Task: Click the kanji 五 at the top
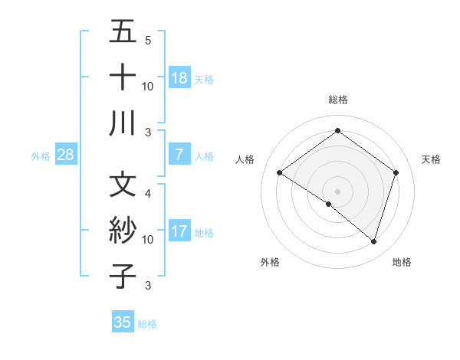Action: [x=123, y=32]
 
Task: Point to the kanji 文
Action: [x=123, y=185]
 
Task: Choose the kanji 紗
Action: [x=123, y=231]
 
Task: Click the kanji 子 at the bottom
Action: [x=123, y=277]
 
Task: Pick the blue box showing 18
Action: [x=179, y=77]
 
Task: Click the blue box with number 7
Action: [x=179, y=155]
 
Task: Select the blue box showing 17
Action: [x=179, y=231]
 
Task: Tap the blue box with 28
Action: [x=66, y=155]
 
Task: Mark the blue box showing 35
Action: [x=123, y=322]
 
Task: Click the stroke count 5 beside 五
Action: [x=148, y=40]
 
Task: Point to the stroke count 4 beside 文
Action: [x=148, y=193]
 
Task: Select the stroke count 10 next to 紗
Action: [x=148, y=240]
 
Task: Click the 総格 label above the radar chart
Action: [x=338, y=99]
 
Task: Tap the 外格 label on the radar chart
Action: [x=270, y=262]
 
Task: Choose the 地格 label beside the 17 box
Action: [x=205, y=232]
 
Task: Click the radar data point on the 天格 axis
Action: [x=396, y=173]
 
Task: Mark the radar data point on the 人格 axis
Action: [x=280, y=173]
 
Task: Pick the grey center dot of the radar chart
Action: [x=337, y=190]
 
